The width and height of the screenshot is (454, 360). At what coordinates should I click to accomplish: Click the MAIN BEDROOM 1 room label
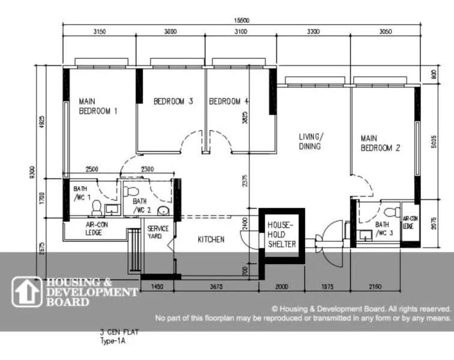(97, 106)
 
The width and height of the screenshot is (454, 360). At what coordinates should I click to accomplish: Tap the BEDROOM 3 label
(173, 101)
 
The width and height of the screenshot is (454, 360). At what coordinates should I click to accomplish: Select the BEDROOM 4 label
(228, 101)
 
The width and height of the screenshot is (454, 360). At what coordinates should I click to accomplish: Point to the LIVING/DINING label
(310, 141)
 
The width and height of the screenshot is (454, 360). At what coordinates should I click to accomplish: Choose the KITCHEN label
(211, 239)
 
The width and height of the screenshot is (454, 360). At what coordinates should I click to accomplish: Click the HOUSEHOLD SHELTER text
(282, 235)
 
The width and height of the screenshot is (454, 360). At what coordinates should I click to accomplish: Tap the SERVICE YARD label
(159, 232)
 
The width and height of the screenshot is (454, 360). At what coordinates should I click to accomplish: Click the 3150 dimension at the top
(100, 32)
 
